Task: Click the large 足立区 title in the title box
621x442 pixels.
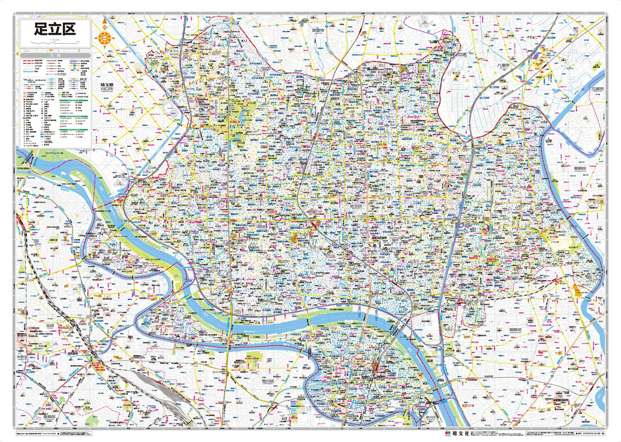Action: pyautogui.click(x=55, y=29)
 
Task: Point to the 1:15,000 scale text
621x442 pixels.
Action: pyautogui.click(x=55, y=40)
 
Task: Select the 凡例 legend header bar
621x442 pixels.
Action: pyautogui.click(x=55, y=55)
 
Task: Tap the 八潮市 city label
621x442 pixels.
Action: pyautogui.click(x=503, y=65)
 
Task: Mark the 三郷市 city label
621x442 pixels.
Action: pyautogui.click(x=597, y=89)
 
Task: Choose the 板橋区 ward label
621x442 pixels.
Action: pyautogui.click(x=21, y=357)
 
